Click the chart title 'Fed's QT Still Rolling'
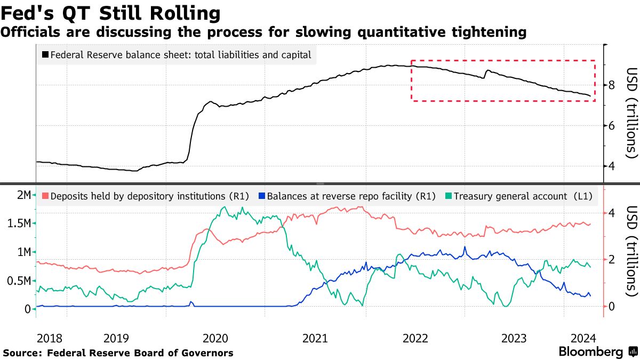[110, 13]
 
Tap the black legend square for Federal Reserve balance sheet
[45, 54]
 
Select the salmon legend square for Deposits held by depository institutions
[45, 196]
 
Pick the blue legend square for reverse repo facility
[261, 196]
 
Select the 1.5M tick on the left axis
[18, 223]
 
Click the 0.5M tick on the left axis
[18, 281]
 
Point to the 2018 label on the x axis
[51, 338]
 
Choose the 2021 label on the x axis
[316, 338]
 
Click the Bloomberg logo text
[590, 352]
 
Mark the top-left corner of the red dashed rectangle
[411, 60]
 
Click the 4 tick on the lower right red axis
[612, 213]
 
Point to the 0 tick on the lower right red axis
[612, 306]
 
